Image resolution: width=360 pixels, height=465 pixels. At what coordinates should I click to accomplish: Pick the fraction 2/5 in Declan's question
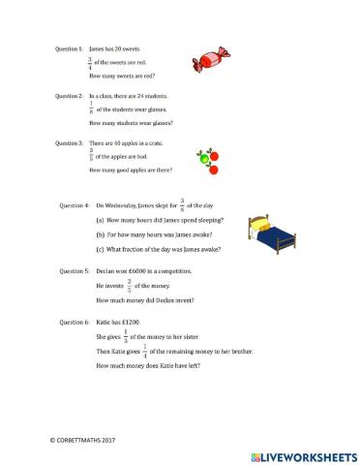tap(129, 287)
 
